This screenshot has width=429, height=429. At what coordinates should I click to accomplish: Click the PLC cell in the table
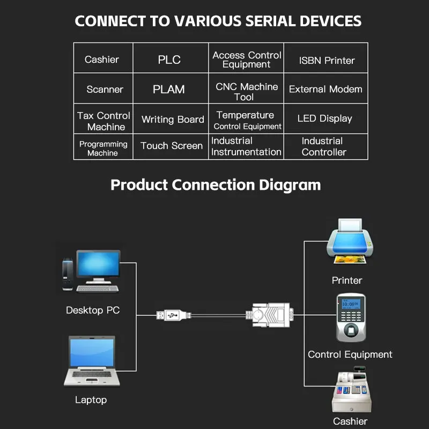click(169, 60)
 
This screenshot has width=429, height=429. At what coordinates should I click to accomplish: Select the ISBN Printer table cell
click(327, 60)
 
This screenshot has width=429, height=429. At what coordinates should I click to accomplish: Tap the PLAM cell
click(169, 90)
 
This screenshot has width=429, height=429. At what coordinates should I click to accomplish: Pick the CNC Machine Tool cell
click(247, 92)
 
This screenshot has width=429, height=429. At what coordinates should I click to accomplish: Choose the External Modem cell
click(326, 89)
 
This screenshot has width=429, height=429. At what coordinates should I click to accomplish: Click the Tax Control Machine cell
click(104, 121)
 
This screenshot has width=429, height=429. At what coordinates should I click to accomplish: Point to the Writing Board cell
click(173, 120)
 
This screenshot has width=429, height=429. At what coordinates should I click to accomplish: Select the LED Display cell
click(325, 119)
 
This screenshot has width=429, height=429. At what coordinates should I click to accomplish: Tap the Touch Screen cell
click(172, 146)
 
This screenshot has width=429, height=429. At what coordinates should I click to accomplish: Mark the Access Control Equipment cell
click(247, 60)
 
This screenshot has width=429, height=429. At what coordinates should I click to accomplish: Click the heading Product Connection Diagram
click(216, 185)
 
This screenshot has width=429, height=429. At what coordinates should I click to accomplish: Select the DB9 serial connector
click(271, 315)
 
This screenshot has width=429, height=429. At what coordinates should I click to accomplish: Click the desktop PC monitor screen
click(98, 265)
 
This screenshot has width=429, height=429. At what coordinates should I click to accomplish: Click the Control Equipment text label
click(350, 354)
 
